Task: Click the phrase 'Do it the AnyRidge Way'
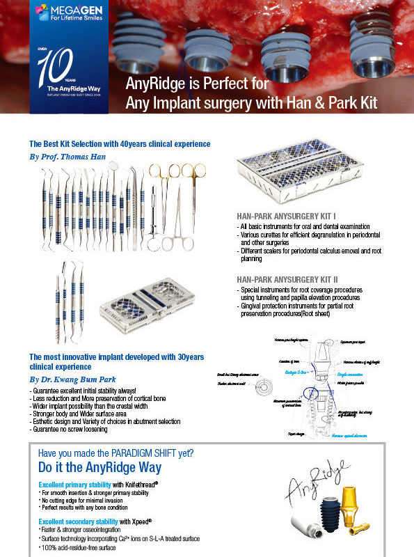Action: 99,466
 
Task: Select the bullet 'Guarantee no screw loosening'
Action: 75,429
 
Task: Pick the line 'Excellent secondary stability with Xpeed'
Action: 104,520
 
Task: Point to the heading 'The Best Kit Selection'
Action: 120,144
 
